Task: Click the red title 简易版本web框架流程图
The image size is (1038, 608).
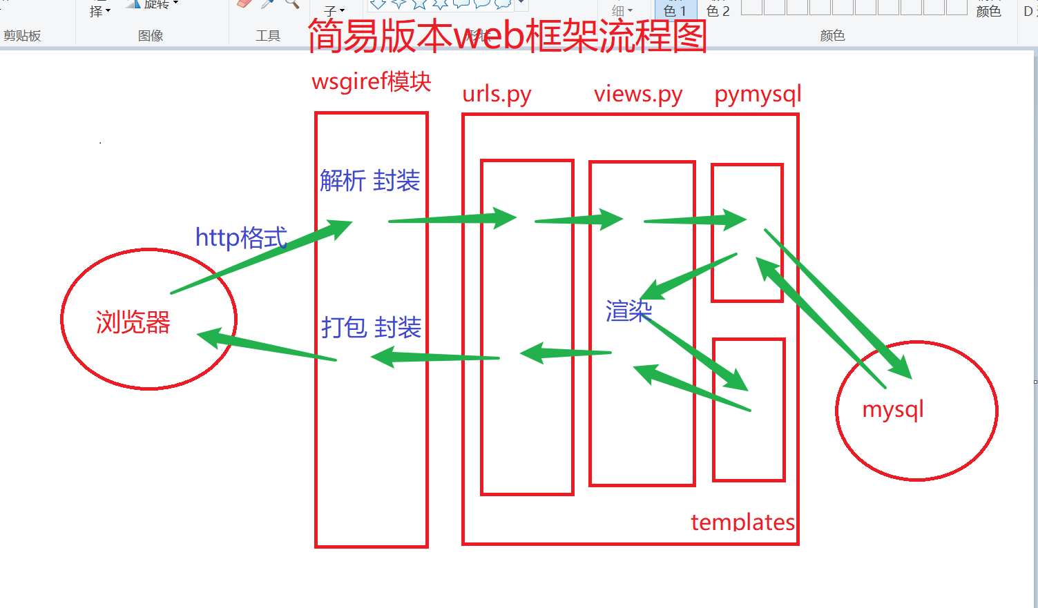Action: coord(508,36)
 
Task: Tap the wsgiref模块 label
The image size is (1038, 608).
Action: coord(372,81)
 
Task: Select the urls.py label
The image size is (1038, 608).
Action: coord(497,94)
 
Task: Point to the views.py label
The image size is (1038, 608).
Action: coord(638,94)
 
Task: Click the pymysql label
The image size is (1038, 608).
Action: coord(758,94)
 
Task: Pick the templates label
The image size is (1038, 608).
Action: coord(742,522)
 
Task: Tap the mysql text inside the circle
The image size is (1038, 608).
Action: coord(893,409)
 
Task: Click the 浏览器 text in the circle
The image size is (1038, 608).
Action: coord(133,322)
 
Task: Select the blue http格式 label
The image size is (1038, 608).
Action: coord(241,237)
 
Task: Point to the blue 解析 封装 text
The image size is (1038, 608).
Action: coord(370,181)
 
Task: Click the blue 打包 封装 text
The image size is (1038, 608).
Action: coord(372,327)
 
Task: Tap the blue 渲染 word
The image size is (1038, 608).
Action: coord(628,311)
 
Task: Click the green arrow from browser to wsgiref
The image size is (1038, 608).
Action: coord(262,257)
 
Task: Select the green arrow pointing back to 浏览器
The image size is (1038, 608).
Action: coord(266,346)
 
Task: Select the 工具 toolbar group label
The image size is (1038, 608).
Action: coord(268,36)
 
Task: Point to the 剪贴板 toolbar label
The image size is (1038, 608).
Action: coord(22,36)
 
